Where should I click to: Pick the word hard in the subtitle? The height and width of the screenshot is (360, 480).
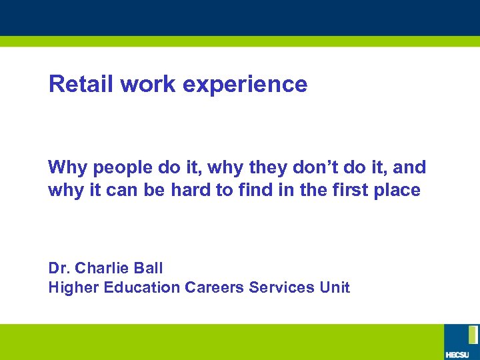point(193,190)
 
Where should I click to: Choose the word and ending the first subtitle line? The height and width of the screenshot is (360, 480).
point(409,167)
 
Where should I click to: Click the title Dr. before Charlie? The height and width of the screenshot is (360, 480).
point(59,268)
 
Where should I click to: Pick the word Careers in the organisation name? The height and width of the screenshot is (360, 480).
point(214,287)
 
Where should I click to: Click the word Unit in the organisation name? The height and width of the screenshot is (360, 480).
point(334,287)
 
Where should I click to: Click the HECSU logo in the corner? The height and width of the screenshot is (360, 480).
point(461,341)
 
